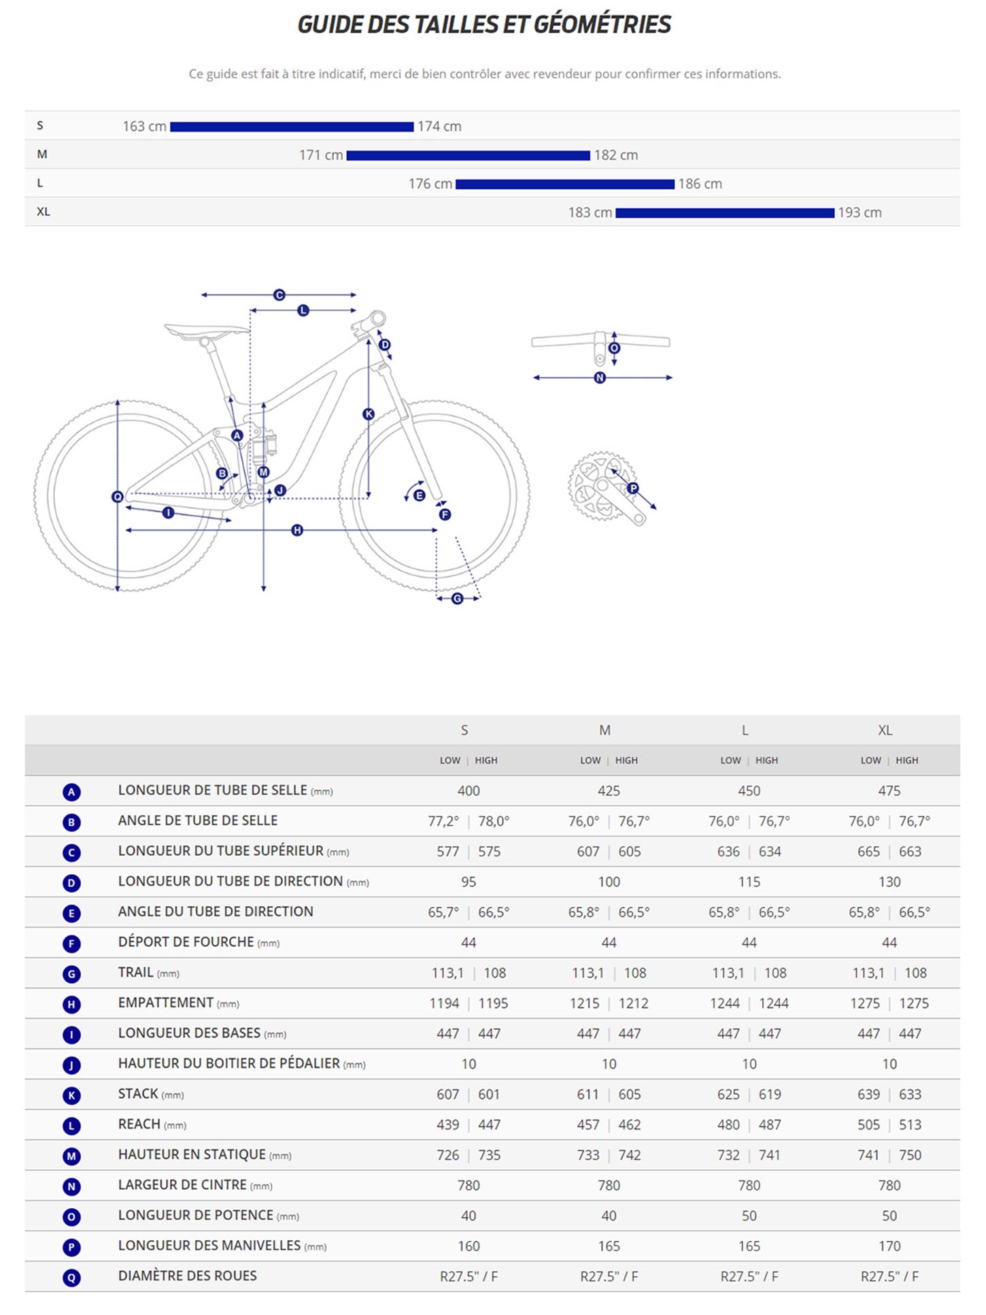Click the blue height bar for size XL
point(724,213)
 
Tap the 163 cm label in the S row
point(144,127)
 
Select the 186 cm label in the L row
point(700,184)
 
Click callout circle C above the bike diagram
point(279,295)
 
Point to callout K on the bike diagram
point(368,414)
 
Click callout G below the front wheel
point(458,598)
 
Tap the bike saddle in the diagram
point(206,330)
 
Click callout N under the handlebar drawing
point(599,378)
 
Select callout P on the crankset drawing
point(632,488)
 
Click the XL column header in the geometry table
point(885,730)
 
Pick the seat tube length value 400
point(469,790)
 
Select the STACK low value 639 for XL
point(868,1095)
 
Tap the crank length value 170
point(889,1246)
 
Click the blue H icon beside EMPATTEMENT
point(71,1004)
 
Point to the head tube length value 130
point(889,882)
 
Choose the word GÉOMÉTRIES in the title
point(602,24)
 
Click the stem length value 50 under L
point(749,1216)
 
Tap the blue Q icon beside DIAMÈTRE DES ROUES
point(71,1278)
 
